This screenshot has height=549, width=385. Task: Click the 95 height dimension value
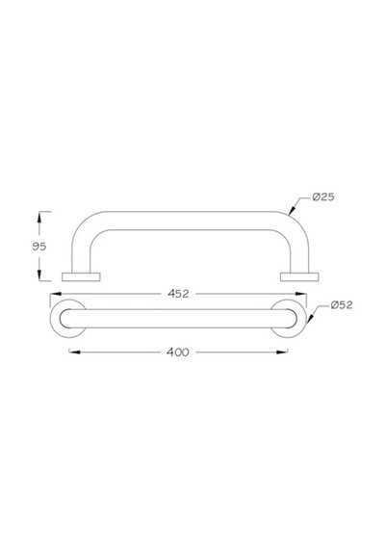tap(39, 247)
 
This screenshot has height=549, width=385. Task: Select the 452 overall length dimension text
tap(178, 294)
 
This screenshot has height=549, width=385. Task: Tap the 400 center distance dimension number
tap(178, 352)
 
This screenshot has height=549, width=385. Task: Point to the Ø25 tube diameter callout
tap(323, 197)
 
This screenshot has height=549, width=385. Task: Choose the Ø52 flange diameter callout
tap(342, 305)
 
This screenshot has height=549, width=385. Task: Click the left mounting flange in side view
tap(81, 277)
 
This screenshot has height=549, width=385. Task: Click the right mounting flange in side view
tap(299, 277)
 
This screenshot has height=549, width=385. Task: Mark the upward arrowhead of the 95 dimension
tap(39, 218)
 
